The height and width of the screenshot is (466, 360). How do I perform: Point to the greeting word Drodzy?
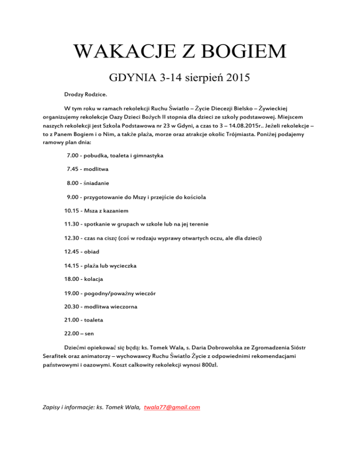[x=75, y=94]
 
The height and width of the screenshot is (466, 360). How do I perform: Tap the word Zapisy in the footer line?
[x=45, y=407]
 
